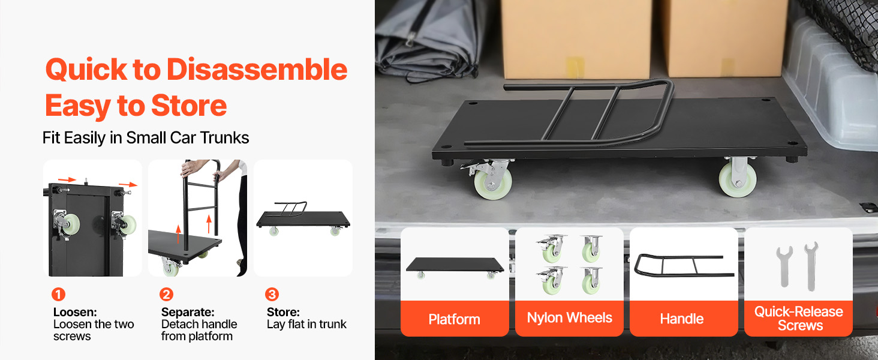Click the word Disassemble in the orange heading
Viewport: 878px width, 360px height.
(x=257, y=70)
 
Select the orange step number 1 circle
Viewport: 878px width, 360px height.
(x=58, y=294)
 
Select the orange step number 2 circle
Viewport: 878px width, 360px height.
(x=166, y=294)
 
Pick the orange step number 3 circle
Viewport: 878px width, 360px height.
(x=272, y=294)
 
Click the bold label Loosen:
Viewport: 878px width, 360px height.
(x=75, y=312)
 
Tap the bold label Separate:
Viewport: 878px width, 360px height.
(x=188, y=312)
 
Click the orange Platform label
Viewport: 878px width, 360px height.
(x=454, y=319)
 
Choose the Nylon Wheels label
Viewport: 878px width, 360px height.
(x=570, y=317)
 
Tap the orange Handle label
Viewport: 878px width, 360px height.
(x=682, y=319)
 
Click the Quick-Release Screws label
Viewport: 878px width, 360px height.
(x=799, y=319)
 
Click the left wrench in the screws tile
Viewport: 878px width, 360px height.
(x=784, y=267)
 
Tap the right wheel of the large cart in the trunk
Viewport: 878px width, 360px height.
(x=737, y=177)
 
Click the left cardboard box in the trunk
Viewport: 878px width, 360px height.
(x=576, y=38)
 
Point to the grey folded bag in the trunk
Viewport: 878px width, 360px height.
(x=427, y=39)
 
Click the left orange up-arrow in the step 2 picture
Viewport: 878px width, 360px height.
(x=178, y=234)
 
